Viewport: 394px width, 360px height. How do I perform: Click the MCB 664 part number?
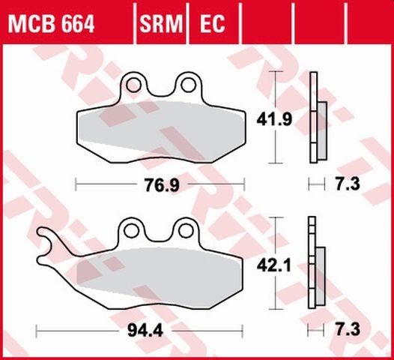click(x=52, y=25)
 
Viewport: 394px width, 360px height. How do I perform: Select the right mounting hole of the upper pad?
click(x=187, y=82)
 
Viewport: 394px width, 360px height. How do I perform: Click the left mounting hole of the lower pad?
click(x=133, y=226)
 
